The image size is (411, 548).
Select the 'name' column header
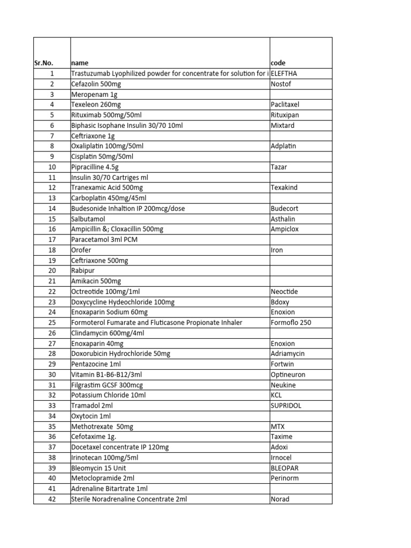(x=80, y=63)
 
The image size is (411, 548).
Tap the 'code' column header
(x=279, y=63)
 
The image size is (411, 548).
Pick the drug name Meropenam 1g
(x=94, y=94)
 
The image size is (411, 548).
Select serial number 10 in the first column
(x=52, y=167)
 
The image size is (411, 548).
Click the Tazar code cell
(x=279, y=167)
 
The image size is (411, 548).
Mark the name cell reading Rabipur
(x=83, y=271)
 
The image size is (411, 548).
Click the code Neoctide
(x=285, y=292)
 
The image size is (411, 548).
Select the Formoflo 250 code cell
(x=291, y=323)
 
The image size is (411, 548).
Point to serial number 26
(x=52, y=333)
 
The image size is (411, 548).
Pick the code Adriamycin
(x=287, y=354)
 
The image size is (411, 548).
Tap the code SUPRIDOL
(x=286, y=406)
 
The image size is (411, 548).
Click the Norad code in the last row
(x=280, y=499)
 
